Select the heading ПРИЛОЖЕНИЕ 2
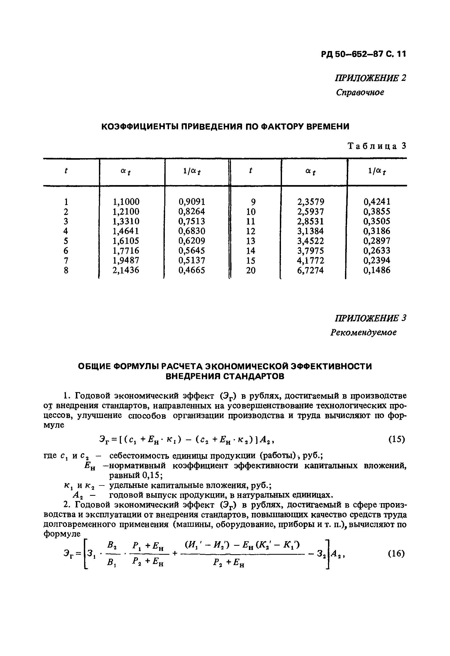pyautogui.click(x=370, y=78)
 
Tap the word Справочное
pyautogui.click(x=360, y=92)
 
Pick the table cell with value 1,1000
pyautogui.click(x=126, y=202)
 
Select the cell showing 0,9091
pyautogui.click(x=192, y=202)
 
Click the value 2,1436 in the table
pyautogui.click(x=126, y=270)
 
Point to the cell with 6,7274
pyautogui.click(x=311, y=270)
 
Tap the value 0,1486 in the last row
pyautogui.click(x=377, y=270)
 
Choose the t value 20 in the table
pyautogui.click(x=251, y=271)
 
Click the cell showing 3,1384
pyautogui.click(x=311, y=231)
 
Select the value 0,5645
pyautogui.click(x=192, y=251)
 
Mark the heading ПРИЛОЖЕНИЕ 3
pyautogui.click(x=370, y=318)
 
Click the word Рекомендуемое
pyautogui.click(x=363, y=333)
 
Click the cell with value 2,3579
pyautogui.click(x=311, y=202)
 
